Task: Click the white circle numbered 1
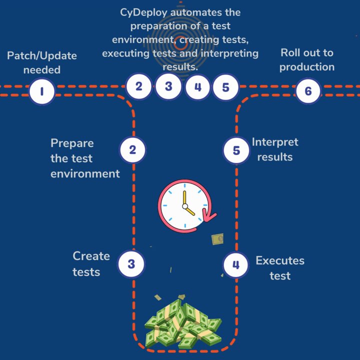pyautogui.click(x=42, y=91)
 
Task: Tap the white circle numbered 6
pyautogui.click(x=308, y=91)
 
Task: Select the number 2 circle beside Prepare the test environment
pyautogui.click(x=132, y=150)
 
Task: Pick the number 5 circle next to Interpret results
pyautogui.click(x=236, y=150)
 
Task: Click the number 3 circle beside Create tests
pyautogui.click(x=131, y=264)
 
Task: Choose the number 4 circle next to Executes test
pyautogui.click(x=236, y=264)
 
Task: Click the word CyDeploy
pyautogui.click(x=143, y=12)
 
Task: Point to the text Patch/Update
pyautogui.click(x=42, y=56)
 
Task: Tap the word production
pyautogui.click(x=307, y=67)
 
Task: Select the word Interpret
pyautogui.click(x=275, y=142)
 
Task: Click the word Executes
pyautogui.click(x=280, y=260)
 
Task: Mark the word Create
pyautogui.click(x=91, y=256)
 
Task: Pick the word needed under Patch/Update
pyautogui.click(x=42, y=69)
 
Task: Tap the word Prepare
pyautogui.click(x=72, y=143)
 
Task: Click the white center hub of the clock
pyautogui.click(x=185, y=206)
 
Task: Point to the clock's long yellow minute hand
pyautogui.click(x=184, y=197)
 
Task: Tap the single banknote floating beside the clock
pyautogui.click(x=217, y=239)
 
